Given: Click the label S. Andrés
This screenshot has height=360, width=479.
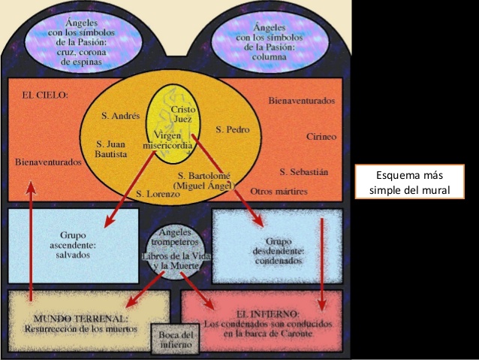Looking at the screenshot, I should (x=120, y=116).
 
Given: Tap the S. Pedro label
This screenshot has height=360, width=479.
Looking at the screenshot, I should (x=233, y=129).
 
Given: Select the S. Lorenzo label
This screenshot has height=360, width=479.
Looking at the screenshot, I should (x=158, y=193).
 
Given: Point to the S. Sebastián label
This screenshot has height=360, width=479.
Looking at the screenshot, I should (x=303, y=171).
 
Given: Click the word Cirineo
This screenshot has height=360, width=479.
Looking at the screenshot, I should (x=321, y=137).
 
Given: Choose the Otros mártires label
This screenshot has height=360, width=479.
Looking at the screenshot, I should (x=279, y=191).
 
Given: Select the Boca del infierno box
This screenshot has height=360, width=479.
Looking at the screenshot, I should (x=176, y=340).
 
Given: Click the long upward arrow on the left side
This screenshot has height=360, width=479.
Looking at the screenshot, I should (x=30, y=241).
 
